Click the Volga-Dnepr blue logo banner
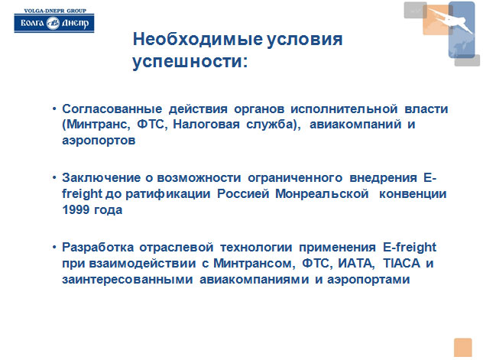coord(54,23)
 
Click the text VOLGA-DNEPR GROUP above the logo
coord(55,11)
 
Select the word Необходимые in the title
coord(198,39)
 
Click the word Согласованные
coord(112,109)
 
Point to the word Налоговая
coord(206,124)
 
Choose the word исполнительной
coord(344,109)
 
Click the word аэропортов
coord(99,141)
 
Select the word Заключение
coord(102,177)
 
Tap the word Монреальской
coord(322,193)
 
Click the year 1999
coord(75,209)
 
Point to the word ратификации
coord(168,193)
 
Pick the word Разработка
coord(98,247)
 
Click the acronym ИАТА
coord(355,263)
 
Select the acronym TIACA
coord(402,263)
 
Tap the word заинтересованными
coord(128,279)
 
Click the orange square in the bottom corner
coord(462,347)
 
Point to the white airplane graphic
coord(450,20)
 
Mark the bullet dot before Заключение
coord(54,177)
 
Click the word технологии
coord(256,247)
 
